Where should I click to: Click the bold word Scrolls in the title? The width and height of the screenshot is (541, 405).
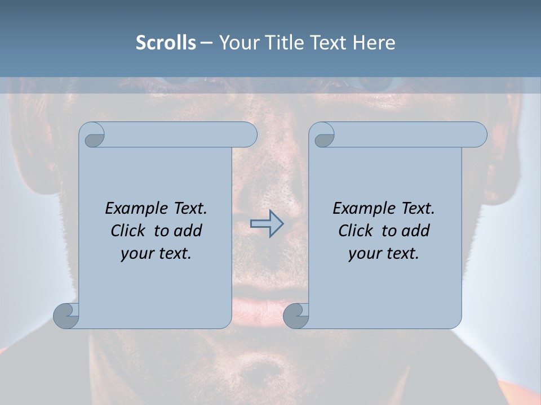point(166,43)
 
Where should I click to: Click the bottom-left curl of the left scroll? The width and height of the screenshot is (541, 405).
point(66,316)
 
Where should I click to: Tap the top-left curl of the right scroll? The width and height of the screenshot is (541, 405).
point(323,135)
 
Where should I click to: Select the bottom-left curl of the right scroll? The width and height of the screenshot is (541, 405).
point(295,316)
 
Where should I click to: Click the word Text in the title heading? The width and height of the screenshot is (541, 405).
point(329,43)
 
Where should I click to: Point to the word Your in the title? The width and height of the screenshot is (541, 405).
point(237,43)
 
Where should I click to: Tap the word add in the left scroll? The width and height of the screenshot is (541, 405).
point(188,231)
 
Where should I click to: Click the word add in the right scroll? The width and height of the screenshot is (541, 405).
point(416,231)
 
